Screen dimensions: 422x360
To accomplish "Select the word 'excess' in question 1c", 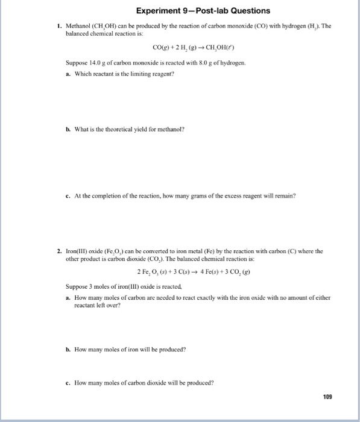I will point(232,197).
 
